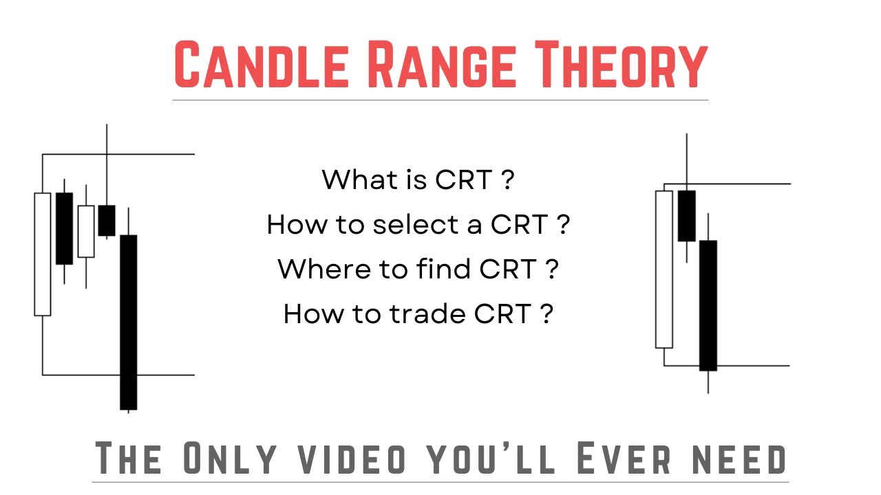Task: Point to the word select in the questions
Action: [407, 224]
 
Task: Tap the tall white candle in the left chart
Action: [43, 254]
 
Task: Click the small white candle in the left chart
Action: [86, 231]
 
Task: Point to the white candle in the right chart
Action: [664, 269]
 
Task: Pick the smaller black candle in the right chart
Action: [687, 216]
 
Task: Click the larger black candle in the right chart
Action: [708, 305]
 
